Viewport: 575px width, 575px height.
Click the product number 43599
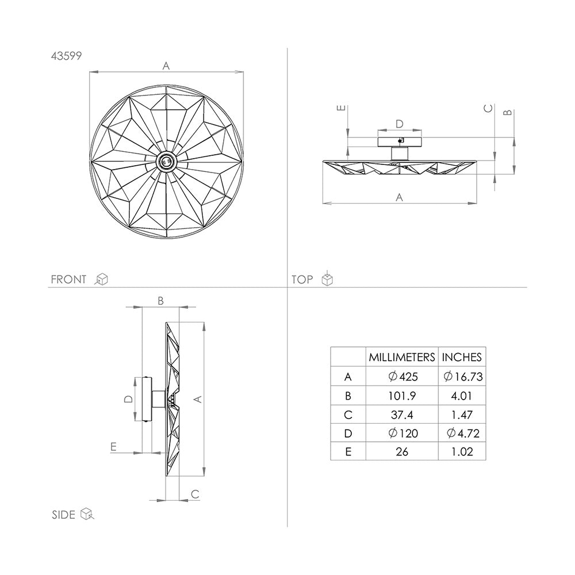(x=66, y=56)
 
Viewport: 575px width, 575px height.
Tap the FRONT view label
(x=68, y=279)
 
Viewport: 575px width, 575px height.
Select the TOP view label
(x=302, y=279)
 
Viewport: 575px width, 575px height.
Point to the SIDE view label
(x=63, y=515)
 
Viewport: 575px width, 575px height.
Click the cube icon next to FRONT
(x=101, y=279)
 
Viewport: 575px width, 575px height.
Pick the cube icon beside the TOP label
(x=327, y=279)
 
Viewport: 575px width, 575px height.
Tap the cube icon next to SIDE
(x=87, y=513)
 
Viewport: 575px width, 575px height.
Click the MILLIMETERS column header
(x=402, y=357)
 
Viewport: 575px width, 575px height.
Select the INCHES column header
(x=462, y=357)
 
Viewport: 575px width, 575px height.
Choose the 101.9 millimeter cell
(x=402, y=396)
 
